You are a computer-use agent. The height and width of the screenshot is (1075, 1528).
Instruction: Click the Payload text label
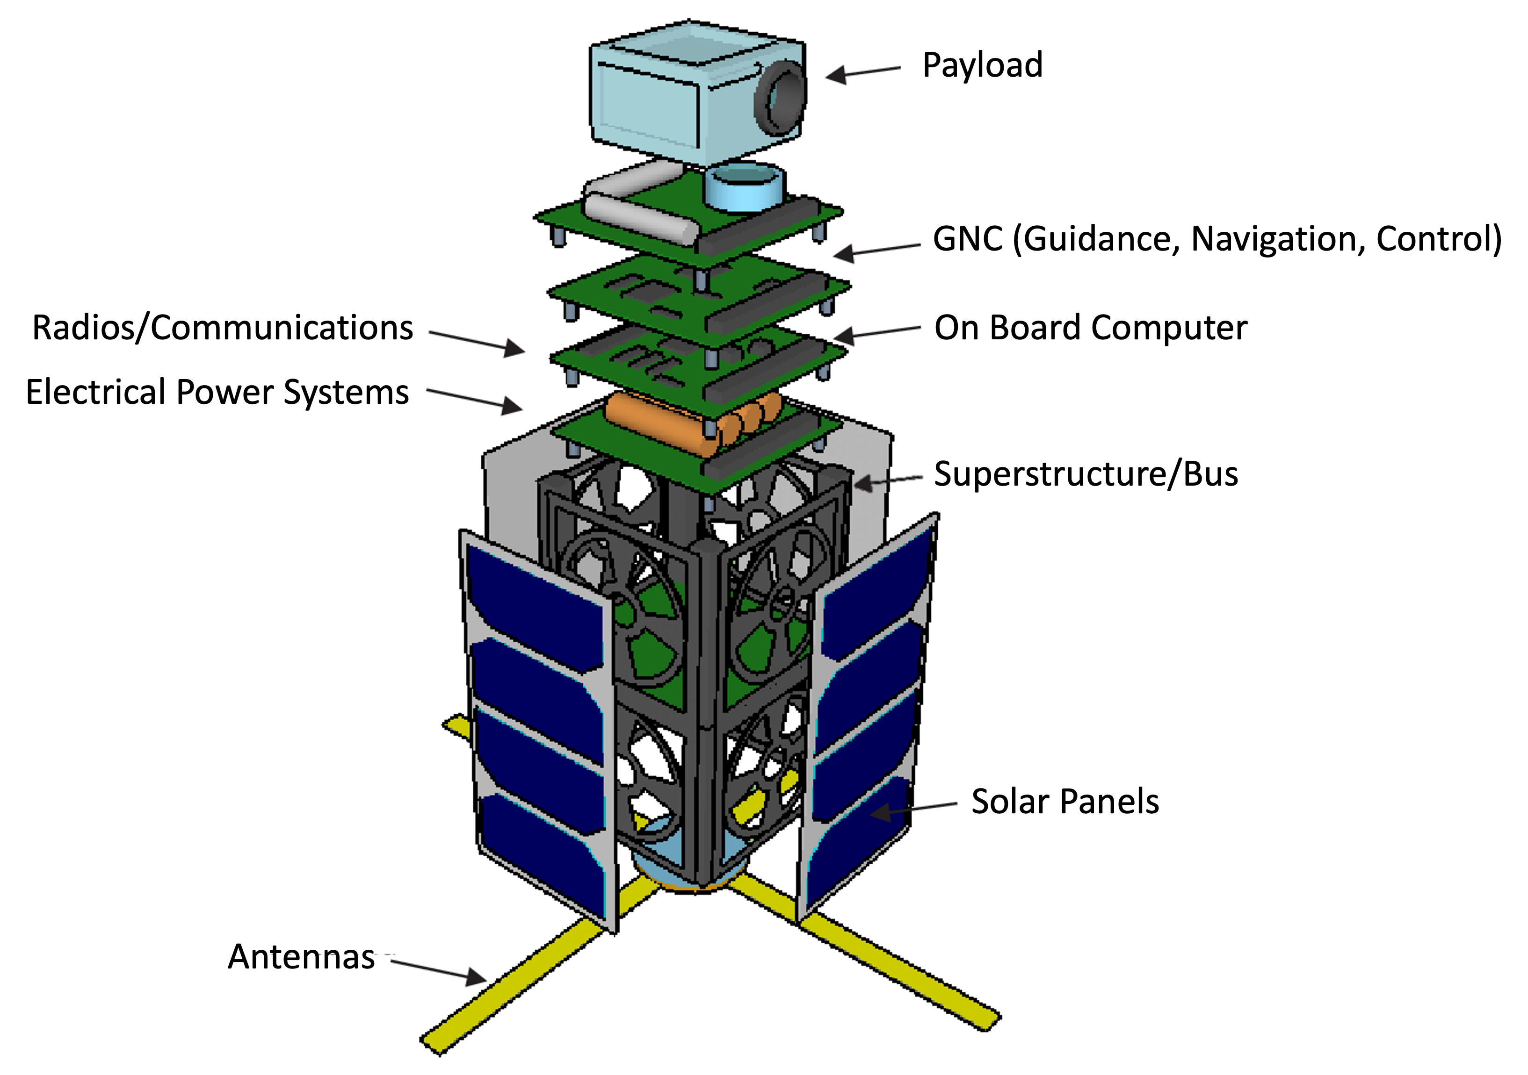click(982, 65)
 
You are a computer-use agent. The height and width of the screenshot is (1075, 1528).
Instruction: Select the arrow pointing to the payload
click(863, 72)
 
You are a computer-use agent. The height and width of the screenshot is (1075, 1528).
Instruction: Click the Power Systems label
click(294, 393)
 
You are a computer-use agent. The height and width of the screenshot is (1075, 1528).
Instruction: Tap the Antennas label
click(304, 957)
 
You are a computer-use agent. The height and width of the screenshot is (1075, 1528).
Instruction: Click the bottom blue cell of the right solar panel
click(859, 845)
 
